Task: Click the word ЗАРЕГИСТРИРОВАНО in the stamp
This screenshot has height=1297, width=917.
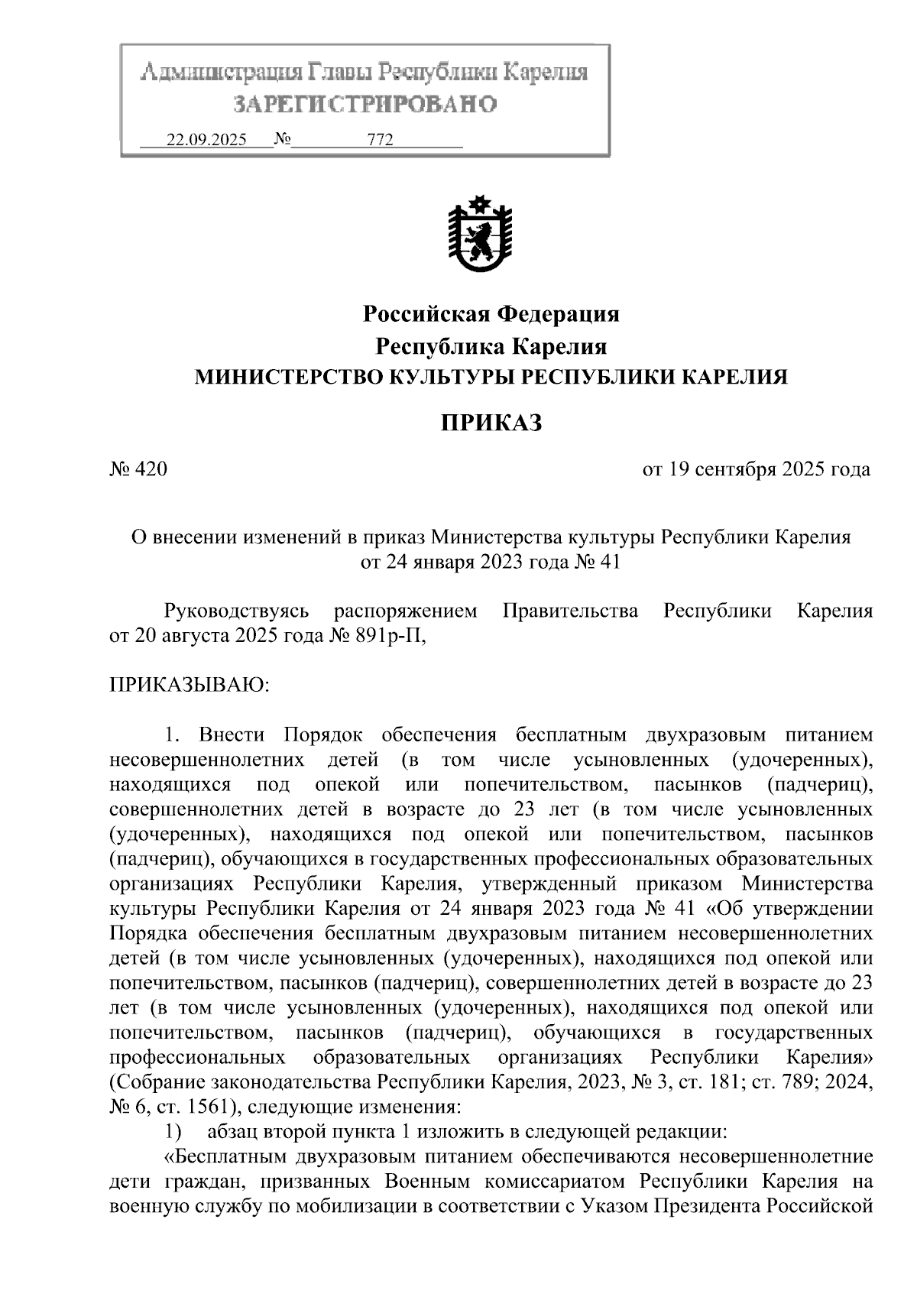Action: [364, 104]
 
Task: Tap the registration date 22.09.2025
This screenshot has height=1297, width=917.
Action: [206, 141]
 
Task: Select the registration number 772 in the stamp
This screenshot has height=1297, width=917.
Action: [380, 141]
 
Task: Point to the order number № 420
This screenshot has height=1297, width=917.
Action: [138, 469]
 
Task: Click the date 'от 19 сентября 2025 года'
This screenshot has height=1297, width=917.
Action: [757, 469]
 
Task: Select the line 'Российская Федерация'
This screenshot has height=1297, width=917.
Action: [491, 314]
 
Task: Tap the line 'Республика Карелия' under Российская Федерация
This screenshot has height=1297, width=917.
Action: [491, 347]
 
